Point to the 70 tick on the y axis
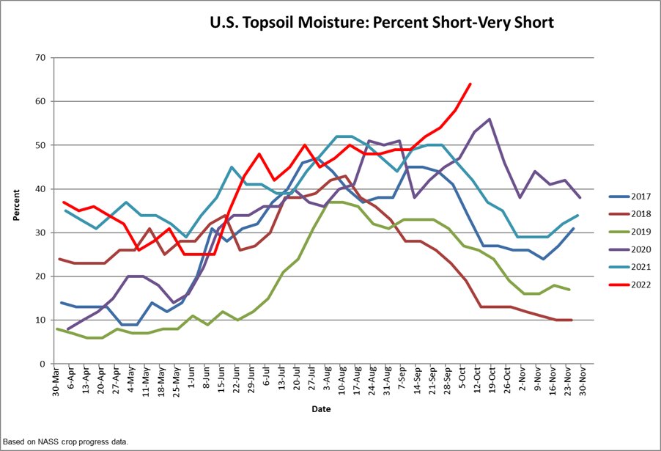point(40,58)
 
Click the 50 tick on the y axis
point(40,145)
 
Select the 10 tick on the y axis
point(40,320)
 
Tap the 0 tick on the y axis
point(43,364)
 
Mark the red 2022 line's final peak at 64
point(470,84)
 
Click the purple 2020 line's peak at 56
point(489,119)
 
